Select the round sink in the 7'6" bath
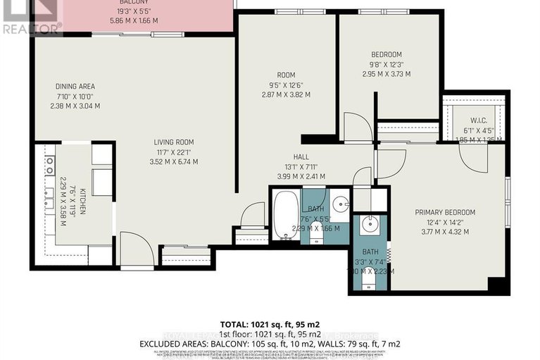click(341, 204)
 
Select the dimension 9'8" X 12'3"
click(387, 64)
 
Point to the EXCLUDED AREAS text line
click(270, 342)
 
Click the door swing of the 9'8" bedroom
click(360, 127)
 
